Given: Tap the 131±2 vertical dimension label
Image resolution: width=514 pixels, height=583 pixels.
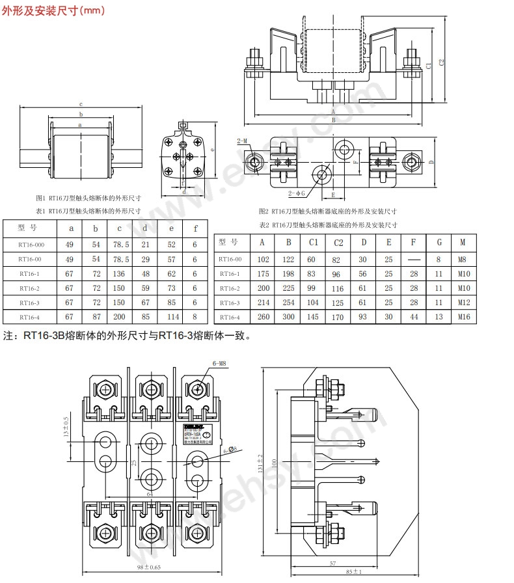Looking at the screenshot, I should pyautogui.click(x=260, y=464).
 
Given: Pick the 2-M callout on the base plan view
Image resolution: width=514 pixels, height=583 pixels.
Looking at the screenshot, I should pyautogui.click(x=242, y=141).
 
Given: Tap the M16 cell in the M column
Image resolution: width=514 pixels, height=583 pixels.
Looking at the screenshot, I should pyautogui.click(x=463, y=317).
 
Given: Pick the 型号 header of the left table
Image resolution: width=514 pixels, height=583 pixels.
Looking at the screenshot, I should pyautogui.click(x=30, y=228).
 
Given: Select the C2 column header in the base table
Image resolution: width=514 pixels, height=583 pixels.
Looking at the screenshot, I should pyautogui.click(x=338, y=242).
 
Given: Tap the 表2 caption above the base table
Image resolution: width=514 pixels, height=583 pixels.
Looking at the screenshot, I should pyautogui.click(x=328, y=224).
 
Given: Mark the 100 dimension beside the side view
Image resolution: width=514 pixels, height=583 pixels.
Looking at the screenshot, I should pyautogui.click(x=275, y=461).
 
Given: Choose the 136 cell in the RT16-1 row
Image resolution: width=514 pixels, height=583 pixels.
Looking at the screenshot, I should pyautogui.click(x=119, y=274).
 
